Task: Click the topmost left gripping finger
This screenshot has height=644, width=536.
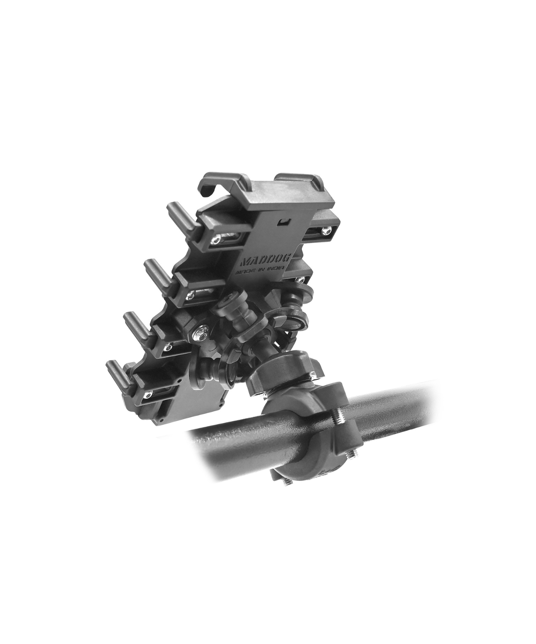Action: coord(183,217)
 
